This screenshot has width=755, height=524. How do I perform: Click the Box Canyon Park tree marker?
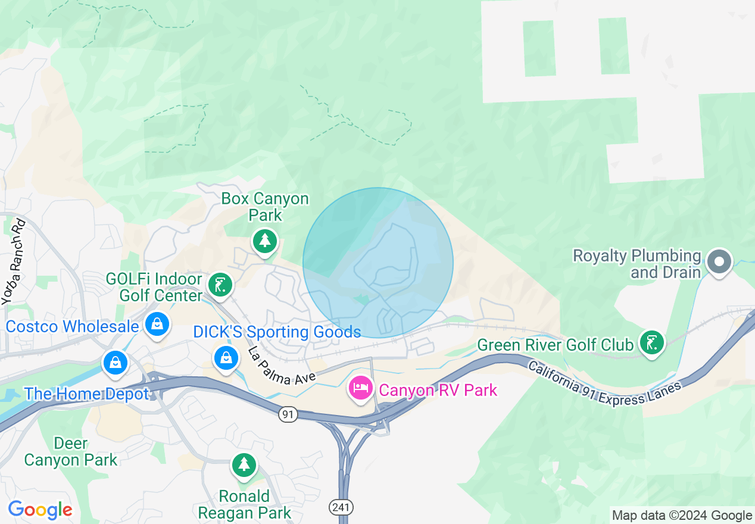pos(265,241)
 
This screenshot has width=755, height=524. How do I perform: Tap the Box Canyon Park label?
pos(265,206)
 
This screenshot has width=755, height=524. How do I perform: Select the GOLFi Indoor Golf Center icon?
pos(220,285)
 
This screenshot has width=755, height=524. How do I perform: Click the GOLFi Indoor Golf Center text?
pos(154,286)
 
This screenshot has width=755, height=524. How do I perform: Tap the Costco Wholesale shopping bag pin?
pos(156,324)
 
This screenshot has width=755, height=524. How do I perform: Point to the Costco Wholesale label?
pos(72,326)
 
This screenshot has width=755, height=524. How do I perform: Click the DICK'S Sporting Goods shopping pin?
pos(226,357)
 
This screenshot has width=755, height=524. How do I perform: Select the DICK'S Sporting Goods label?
pos(277,332)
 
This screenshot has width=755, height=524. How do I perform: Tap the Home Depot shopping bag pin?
pos(115,361)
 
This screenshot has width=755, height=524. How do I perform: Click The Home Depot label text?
pos(86,394)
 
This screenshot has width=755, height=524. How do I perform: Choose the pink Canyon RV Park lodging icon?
pos(360,389)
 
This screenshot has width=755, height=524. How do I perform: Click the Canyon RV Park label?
pos(438,390)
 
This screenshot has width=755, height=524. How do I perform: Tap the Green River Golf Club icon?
pos(652,342)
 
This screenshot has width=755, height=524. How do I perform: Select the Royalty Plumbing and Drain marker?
pos(719,261)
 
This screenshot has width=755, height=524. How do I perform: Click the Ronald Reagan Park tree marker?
pos(244,464)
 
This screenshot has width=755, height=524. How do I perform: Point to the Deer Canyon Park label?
pos(71,451)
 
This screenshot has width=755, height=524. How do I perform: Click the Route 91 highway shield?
pos(288,414)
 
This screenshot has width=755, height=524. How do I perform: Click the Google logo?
pos(40,510)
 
